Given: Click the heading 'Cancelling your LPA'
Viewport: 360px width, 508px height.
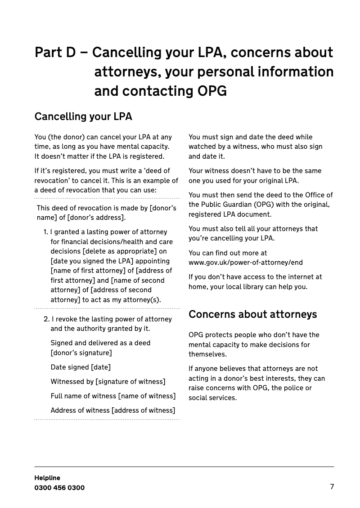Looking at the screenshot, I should (83, 117).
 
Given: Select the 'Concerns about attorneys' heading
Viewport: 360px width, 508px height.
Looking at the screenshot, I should (252, 314).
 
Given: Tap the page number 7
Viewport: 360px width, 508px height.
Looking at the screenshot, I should (332, 486).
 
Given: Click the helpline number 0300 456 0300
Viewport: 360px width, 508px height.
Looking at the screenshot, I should (59, 488).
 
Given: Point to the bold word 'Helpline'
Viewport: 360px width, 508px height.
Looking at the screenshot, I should (47, 478).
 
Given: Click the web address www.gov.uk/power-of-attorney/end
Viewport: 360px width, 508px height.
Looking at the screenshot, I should (246, 263).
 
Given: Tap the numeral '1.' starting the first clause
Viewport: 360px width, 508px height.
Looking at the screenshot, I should (46, 232).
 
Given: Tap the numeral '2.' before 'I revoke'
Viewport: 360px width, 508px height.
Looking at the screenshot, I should (47, 319).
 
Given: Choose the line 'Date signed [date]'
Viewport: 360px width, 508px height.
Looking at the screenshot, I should (81, 367).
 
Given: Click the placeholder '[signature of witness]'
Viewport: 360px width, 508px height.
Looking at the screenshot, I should (130, 382).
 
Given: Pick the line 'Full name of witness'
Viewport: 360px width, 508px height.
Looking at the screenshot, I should (113, 396).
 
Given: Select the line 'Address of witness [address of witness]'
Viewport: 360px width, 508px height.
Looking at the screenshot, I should (113, 410).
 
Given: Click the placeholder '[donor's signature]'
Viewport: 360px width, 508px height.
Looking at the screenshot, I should (81, 353).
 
